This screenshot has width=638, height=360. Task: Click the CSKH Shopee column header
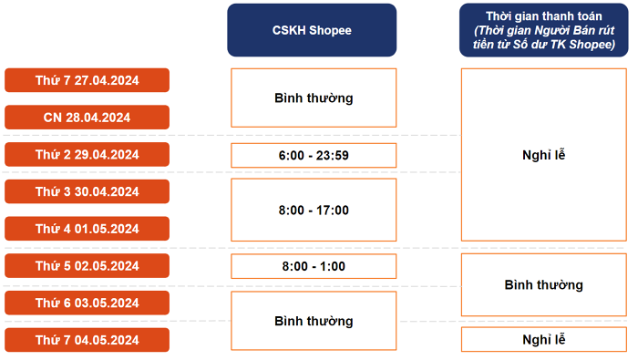click(312, 30)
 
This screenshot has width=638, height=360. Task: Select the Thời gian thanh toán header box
click(543, 30)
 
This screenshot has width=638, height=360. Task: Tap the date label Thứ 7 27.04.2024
click(87, 80)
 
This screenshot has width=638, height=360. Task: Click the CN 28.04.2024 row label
click(87, 118)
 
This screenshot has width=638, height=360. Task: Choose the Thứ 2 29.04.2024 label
click(87, 155)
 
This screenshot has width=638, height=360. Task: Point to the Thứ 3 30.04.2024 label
click(87, 191)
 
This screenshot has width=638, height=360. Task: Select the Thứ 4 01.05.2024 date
click(87, 229)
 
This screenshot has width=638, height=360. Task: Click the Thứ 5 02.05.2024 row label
click(87, 265)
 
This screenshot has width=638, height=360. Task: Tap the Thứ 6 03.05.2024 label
click(87, 303)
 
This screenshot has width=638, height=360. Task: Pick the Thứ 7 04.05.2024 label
click(87, 340)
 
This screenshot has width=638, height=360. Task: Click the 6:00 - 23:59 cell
click(314, 155)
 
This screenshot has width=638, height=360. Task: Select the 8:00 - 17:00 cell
click(314, 210)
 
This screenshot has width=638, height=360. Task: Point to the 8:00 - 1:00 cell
click(314, 266)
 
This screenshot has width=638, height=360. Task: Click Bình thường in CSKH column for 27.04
click(314, 98)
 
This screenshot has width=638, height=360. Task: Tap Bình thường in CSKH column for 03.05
click(314, 321)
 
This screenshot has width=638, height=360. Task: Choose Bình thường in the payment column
click(544, 284)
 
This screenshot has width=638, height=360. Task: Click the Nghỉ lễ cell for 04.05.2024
click(544, 339)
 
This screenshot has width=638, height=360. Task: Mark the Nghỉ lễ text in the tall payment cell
click(544, 155)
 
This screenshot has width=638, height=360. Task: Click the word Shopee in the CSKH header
click(330, 30)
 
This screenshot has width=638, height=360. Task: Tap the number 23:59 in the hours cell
click(333, 155)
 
